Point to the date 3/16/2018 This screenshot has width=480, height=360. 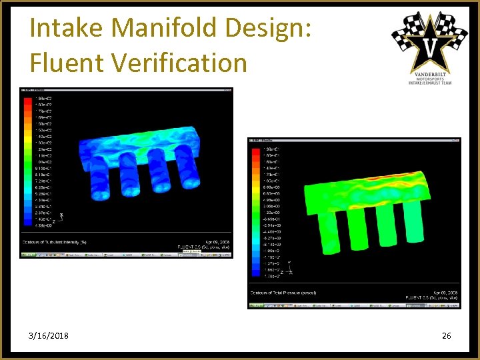pos(49,335)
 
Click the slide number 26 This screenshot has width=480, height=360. pos(446,335)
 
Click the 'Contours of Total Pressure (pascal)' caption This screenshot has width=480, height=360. pos(283,292)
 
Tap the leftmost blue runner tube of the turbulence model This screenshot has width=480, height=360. pos(97,180)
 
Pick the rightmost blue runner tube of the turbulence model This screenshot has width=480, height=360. pos(189,170)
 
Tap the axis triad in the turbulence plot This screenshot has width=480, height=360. pos(59,217)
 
